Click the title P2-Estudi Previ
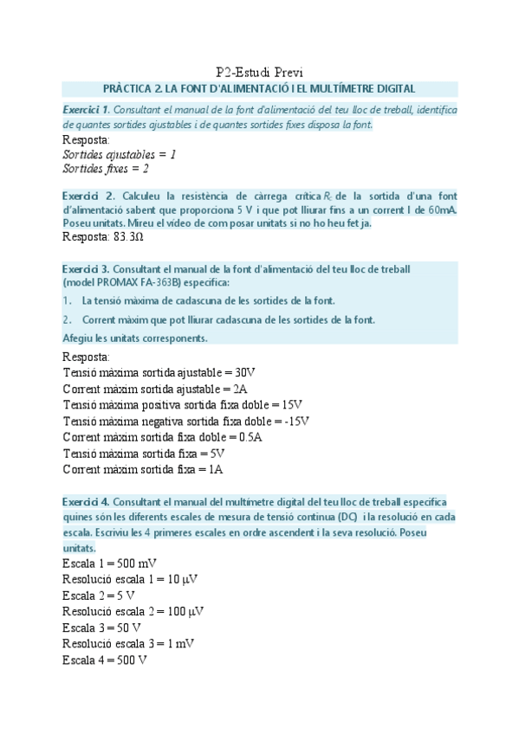click(259, 71)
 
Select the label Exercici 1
click(86, 111)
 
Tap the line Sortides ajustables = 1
click(120, 153)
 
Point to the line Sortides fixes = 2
click(106, 168)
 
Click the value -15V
click(295, 422)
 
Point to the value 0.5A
click(250, 438)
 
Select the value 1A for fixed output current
click(216, 470)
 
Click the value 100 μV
click(193, 612)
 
